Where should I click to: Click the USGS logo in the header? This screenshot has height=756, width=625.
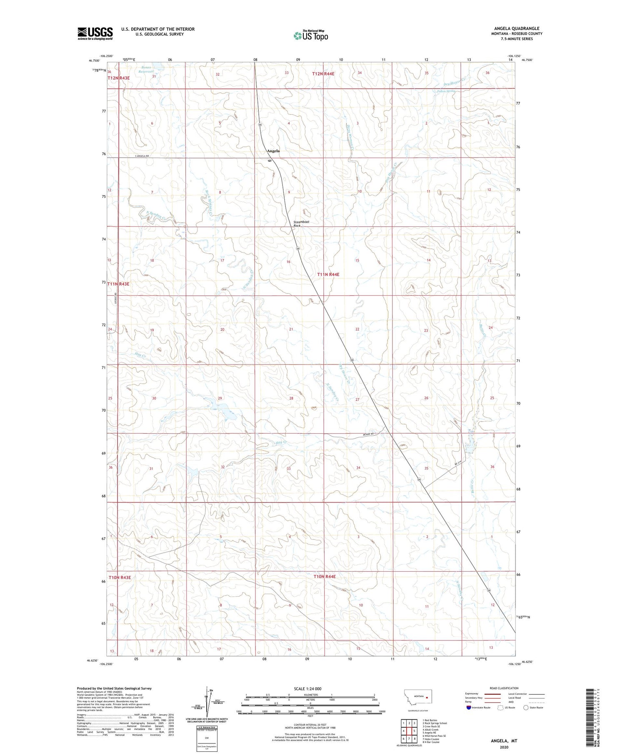(95, 33)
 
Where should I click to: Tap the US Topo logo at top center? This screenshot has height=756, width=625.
(311, 36)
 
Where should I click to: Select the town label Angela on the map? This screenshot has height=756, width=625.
(273, 151)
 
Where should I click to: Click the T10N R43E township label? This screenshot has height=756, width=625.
(120, 578)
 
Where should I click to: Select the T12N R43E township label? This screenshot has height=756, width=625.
(119, 78)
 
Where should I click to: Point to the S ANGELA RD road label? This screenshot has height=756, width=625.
(142, 156)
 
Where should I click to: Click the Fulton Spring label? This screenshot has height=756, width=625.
(446, 91)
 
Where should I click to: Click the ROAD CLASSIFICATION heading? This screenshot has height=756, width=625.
(504, 688)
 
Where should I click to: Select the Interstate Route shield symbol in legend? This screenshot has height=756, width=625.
(469, 708)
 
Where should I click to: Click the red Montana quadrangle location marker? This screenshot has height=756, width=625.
(427, 696)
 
